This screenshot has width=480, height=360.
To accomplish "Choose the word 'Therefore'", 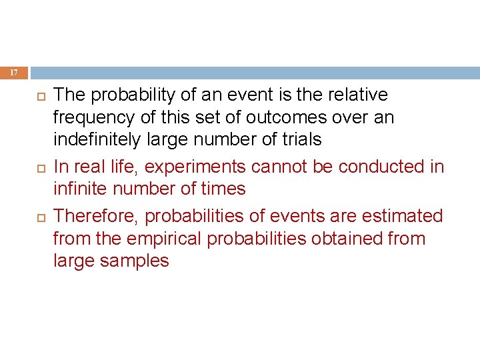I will [95, 216].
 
